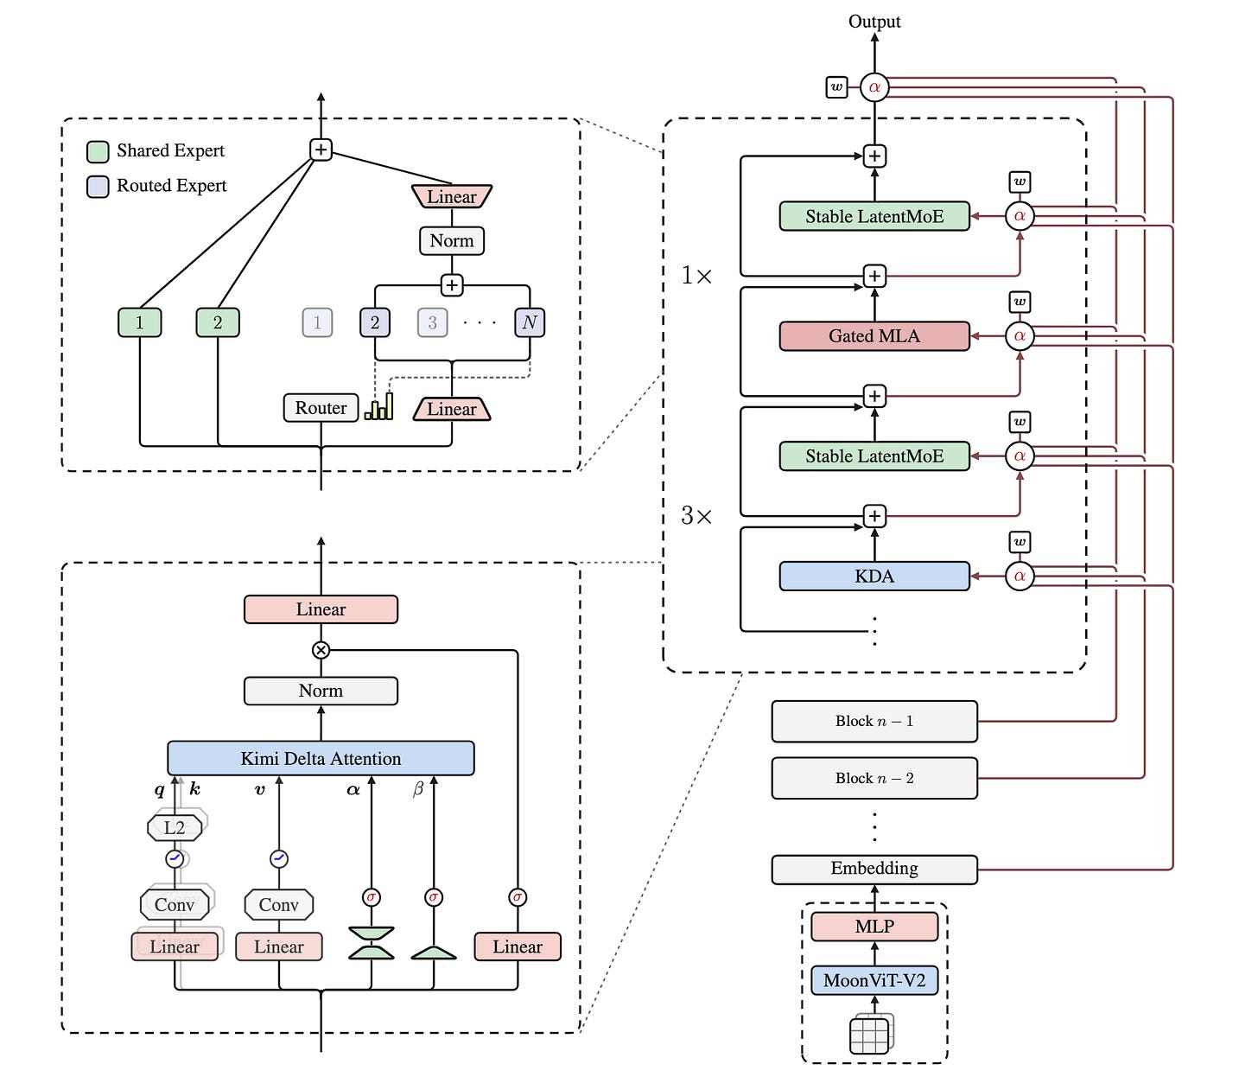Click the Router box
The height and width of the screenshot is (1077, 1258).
321,407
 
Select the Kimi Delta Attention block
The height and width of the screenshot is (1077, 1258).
321,758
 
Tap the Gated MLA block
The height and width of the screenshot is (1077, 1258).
874,336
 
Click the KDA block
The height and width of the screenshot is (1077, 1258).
874,576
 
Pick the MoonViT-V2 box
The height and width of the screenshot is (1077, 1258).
874,980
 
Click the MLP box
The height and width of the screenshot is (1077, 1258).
874,926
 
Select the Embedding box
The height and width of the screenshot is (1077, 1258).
874,869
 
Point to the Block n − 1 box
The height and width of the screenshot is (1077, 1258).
874,722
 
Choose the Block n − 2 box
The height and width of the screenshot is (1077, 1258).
874,778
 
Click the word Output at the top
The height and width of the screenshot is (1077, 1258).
874,22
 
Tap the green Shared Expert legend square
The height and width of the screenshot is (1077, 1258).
98,151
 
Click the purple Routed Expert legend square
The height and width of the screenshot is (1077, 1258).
98,187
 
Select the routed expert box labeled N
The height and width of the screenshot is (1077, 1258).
530,322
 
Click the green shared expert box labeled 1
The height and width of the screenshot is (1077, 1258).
139,322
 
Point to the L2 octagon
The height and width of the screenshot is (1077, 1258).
175,827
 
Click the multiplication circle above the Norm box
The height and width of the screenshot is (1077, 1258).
321,650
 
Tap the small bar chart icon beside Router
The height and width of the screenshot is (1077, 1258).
378,406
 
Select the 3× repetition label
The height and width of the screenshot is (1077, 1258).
696,516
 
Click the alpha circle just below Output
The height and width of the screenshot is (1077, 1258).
874,87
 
